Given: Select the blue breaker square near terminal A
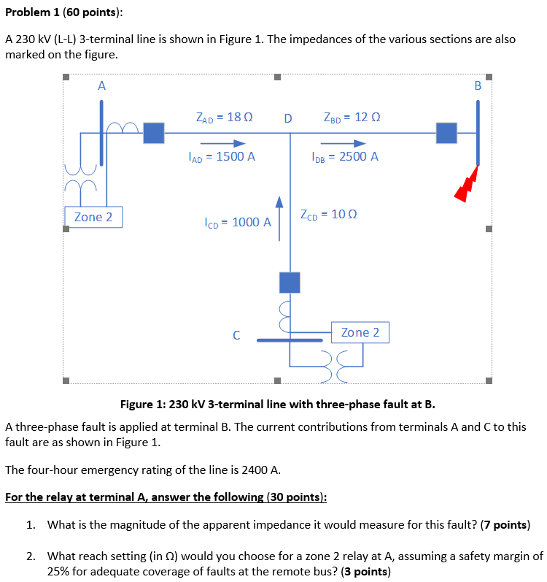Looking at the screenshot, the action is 153,133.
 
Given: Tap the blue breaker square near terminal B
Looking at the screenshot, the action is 446,133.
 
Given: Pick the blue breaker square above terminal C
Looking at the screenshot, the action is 290,282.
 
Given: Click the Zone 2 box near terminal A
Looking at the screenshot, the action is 93,217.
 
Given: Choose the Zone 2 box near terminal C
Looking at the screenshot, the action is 360,332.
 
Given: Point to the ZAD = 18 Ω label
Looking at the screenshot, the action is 224,116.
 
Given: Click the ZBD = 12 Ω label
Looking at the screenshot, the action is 352,116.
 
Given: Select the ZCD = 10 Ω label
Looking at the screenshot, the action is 328,215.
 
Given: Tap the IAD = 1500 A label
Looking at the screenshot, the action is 221,156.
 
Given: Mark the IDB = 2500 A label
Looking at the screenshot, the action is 344,156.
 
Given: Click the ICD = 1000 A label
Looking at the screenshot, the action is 238,222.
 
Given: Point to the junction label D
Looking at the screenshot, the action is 288,118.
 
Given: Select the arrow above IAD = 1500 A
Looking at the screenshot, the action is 222,143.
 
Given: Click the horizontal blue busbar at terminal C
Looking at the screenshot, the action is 291,340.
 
